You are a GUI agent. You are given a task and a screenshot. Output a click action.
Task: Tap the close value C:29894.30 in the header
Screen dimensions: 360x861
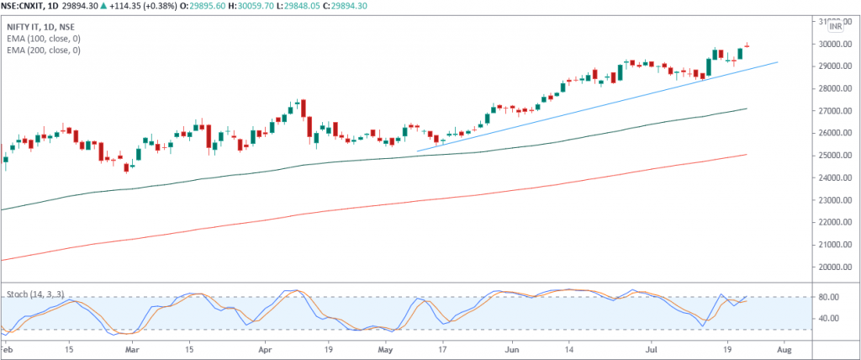click(x=407, y=7)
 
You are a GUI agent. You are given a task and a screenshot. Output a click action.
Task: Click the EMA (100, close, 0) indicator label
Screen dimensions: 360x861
click(x=44, y=39)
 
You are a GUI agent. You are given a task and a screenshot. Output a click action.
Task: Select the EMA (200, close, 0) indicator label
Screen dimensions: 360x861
click(x=44, y=50)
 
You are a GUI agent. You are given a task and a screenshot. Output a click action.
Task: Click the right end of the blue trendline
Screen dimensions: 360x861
click(x=777, y=62)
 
